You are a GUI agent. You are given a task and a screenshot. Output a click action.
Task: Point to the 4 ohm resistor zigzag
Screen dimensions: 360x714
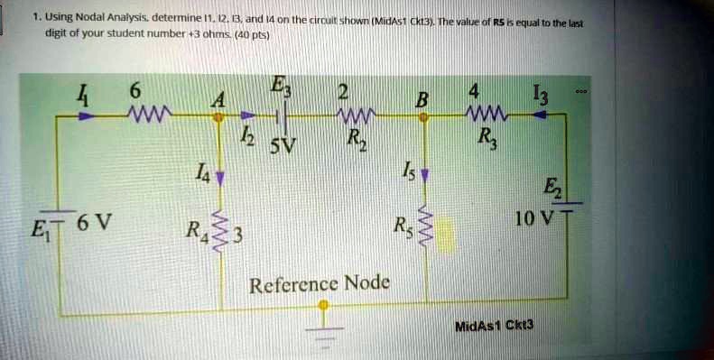485,115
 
